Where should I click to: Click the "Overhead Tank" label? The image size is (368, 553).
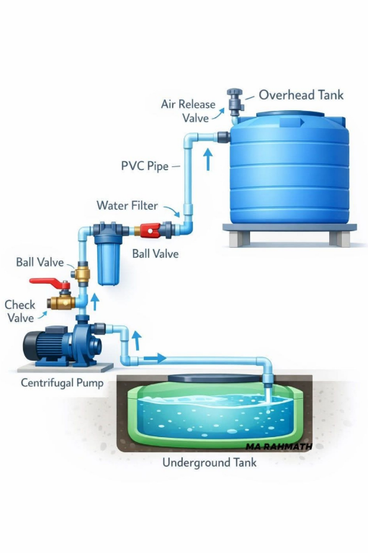(x=301, y=95)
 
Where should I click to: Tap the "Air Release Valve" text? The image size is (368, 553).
(x=188, y=111)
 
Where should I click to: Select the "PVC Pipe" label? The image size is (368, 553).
(x=145, y=166)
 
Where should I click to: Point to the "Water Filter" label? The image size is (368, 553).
(x=127, y=205)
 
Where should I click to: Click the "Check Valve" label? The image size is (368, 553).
(x=20, y=311)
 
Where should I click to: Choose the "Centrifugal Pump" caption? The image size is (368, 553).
(x=62, y=383)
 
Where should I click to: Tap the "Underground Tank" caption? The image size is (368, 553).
(x=210, y=462)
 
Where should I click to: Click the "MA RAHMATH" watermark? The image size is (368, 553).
(x=279, y=446)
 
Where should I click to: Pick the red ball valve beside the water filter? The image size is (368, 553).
(x=151, y=230)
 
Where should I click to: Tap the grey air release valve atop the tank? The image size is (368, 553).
(x=235, y=102)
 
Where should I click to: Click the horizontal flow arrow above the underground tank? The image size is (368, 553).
(x=155, y=358)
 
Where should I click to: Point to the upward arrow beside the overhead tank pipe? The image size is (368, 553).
(x=208, y=159)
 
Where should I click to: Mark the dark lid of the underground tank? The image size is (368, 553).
(x=215, y=379)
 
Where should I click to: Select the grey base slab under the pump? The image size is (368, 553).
(x=66, y=367)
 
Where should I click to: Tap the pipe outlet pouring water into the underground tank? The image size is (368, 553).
(x=268, y=381)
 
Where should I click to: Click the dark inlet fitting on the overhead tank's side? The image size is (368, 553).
(x=224, y=137)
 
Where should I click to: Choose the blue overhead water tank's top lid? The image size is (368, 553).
(x=290, y=114)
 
